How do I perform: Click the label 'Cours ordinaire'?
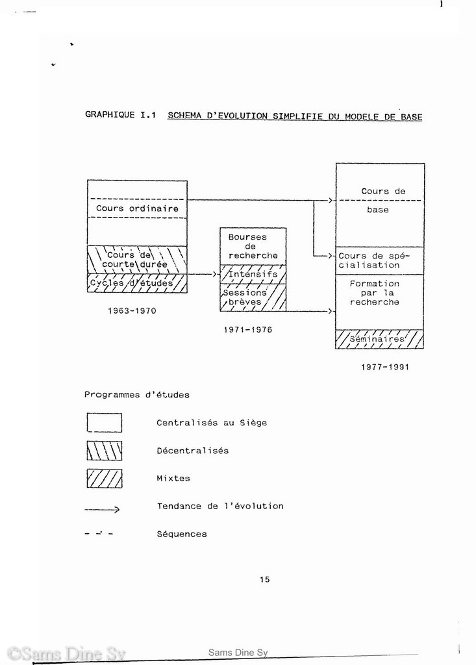[x=137, y=208]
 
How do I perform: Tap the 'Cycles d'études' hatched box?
[x=137, y=283]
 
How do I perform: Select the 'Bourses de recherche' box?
[x=253, y=246]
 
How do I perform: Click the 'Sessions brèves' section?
[x=253, y=297]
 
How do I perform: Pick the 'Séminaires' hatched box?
[x=379, y=339]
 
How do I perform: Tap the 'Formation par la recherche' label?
[x=375, y=293]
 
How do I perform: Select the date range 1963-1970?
[x=132, y=311]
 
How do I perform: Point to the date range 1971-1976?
[x=248, y=329]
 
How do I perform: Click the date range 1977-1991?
[x=385, y=367]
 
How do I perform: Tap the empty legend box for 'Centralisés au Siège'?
[x=105, y=423]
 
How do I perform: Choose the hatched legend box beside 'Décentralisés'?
[x=105, y=451]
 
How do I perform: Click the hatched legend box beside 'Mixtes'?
[x=105, y=479]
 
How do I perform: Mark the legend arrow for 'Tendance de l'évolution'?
[x=102, y=509]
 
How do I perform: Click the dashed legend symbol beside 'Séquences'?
[x=99, y=534]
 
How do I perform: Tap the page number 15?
[x=265, y=579]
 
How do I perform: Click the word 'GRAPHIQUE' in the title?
[x=110, y=115]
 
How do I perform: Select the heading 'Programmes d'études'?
[x=136, y=395]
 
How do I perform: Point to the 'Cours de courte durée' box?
[x=137, y=260]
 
